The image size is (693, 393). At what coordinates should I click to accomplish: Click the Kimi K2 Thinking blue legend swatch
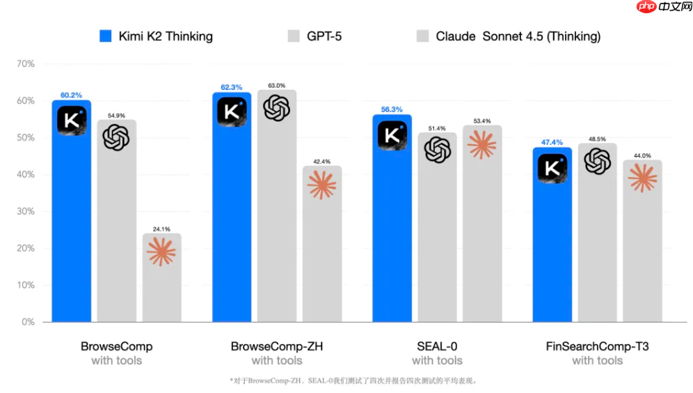106,36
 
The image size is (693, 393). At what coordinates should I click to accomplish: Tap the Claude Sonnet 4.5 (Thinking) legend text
518,36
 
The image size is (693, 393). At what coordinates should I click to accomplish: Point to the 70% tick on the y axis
25,64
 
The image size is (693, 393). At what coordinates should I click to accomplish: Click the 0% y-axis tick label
28,322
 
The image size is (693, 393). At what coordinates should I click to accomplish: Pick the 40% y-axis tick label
25,175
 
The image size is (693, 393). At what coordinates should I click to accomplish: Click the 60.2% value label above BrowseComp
71,95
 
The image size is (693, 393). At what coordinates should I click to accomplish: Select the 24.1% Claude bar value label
161,227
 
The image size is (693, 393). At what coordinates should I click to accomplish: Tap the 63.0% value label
276,85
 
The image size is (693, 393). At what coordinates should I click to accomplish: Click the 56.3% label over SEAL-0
392,109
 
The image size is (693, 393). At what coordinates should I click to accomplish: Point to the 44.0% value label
642,155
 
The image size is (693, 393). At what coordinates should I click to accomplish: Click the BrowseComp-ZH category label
277,346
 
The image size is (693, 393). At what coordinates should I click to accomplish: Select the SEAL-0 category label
437,346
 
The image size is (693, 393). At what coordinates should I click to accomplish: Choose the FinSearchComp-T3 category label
597,346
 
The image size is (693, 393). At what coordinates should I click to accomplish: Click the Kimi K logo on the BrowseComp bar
71,121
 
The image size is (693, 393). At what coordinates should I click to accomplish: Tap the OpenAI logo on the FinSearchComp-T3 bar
597,162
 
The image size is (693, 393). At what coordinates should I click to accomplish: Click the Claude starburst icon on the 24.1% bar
161,252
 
